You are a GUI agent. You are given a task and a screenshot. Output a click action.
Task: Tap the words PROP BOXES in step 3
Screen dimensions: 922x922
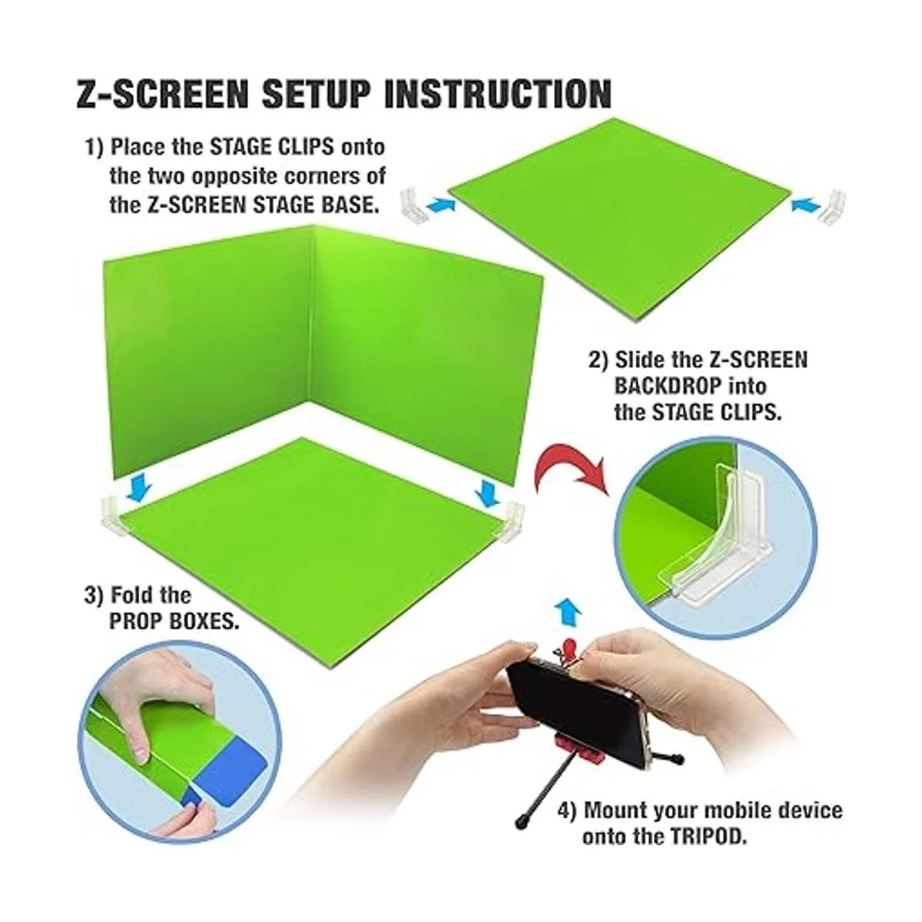tap(174, 622)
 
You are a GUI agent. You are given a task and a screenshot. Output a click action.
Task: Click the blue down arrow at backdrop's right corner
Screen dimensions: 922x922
tap(488, 493)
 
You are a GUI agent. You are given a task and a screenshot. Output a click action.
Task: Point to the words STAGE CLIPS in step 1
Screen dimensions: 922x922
tap(272, 147)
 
